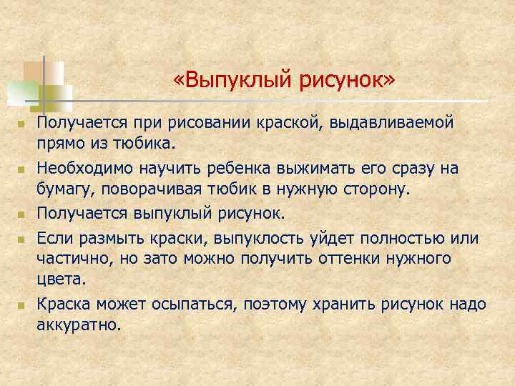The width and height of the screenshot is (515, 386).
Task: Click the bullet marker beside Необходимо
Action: click(x=21, y=169)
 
